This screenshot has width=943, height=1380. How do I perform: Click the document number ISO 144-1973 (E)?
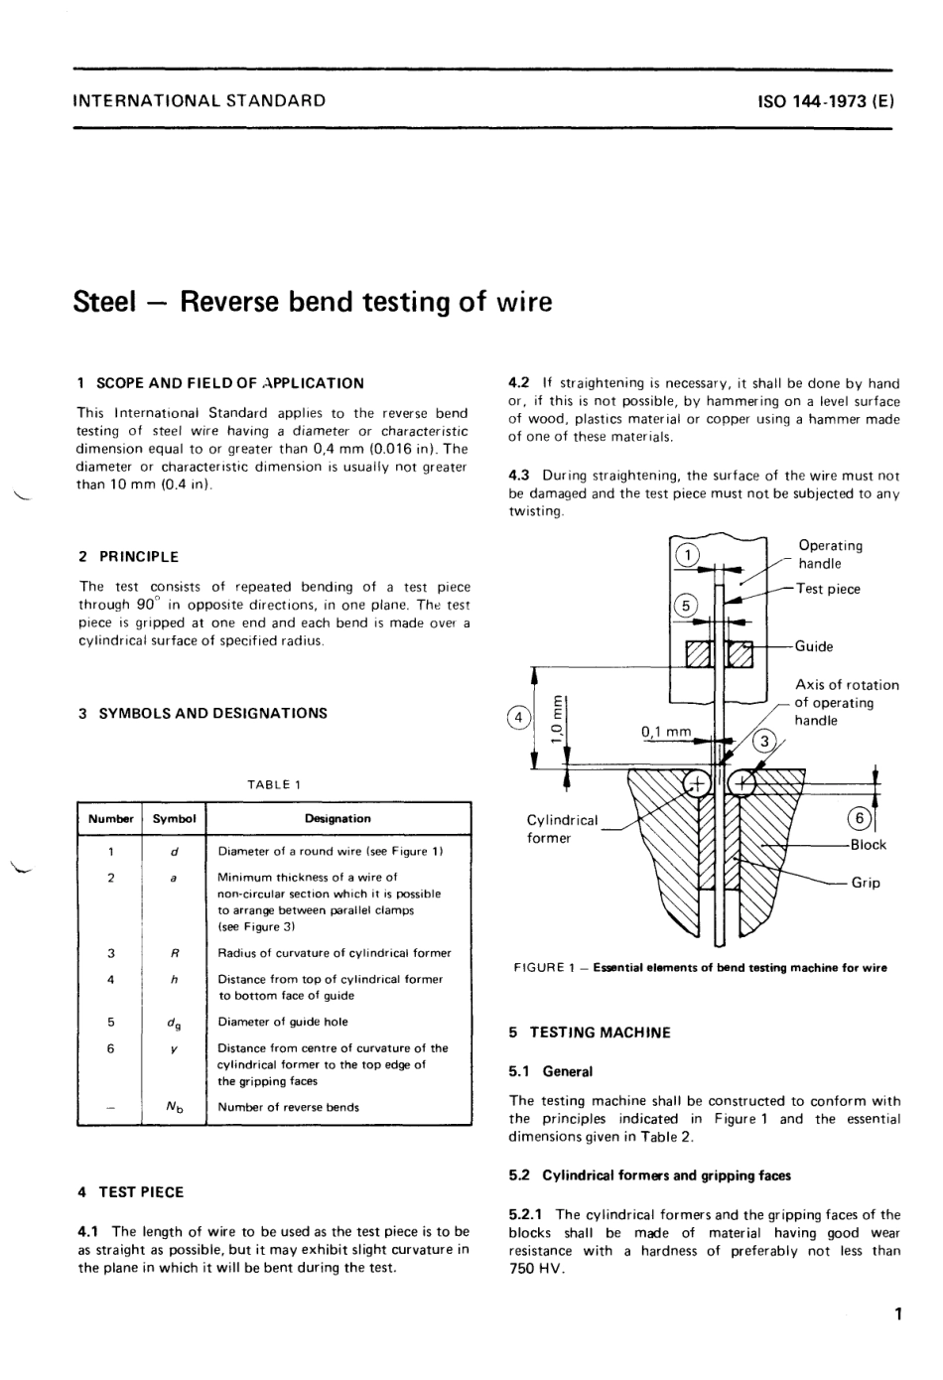(x=825, y=100)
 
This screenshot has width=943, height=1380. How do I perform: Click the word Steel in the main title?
(x=104, y=302)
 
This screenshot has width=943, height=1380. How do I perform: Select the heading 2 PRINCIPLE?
(x=129, y=557)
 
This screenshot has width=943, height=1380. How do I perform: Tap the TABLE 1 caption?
(x=274, y=784)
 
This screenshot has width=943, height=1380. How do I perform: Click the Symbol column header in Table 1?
(x=174, y=819)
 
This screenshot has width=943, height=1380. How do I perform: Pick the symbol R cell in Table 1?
(x=174, y=953)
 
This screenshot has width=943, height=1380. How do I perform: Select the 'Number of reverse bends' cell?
(x=289, y=1107)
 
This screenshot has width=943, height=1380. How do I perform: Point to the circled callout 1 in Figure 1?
(x=687, y=555)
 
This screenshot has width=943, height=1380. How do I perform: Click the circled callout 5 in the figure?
(x=686, y=606)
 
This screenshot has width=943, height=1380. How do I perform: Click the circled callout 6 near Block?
(x=861, y=818)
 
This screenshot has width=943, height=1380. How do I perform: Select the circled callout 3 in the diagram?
(x=764, y=741)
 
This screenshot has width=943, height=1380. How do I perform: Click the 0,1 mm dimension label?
(x=666, y=732)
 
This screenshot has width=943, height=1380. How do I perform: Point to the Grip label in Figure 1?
(x=866, y=883)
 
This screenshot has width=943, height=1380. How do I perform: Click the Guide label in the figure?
(x=814, y=646)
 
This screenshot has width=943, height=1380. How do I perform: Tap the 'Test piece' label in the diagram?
(x=828, y=589)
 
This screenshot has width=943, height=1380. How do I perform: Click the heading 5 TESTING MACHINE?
(x=590, y=1033)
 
